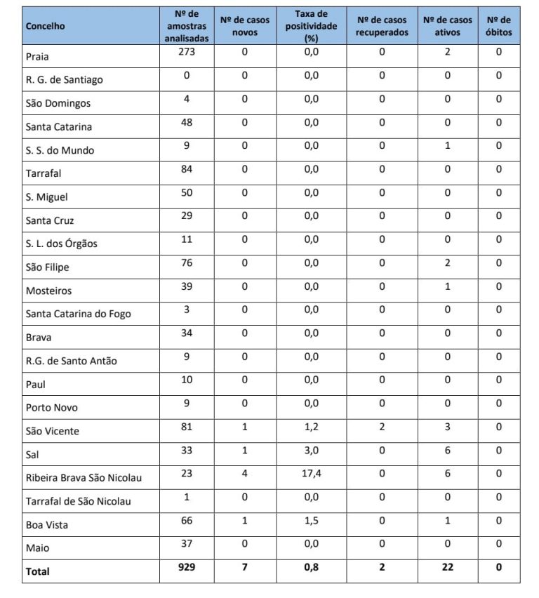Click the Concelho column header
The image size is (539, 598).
pyautogui.click(x=46, y=26)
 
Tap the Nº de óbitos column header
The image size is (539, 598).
pyautogui.click(x=498, y=26)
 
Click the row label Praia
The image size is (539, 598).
pyautogui.click(x=37, y=56)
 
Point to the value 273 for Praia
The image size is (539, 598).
pyautogui.click(x=186, y=52)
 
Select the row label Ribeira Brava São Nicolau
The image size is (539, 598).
pyautogui.click(x=84, y=478)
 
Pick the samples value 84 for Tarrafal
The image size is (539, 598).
pyautogui.click(x=186, y=169)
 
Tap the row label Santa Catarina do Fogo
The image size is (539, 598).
pyautogui.click(x=78, y=314)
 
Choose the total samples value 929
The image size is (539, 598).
pyautogui.click(x=186, y=567)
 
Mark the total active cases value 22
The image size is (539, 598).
pyautogui.click(x=447, y=567)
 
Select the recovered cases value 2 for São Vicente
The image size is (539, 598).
pyautogui.click(x=382, y=427)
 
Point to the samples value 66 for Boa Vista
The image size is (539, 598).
pyautogui.click(x=186, y=520)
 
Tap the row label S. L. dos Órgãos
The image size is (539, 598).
pyautogui.click(x=61, y=244)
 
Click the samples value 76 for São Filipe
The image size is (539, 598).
pyautogui.click(x=186, y=263)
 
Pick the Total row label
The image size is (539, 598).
pyautogui.click(x=38, y=571)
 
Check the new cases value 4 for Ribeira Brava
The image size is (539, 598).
pyautogui.click(x=244, y=474)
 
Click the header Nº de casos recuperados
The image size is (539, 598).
pyautogui.click(x=382, y=26)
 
